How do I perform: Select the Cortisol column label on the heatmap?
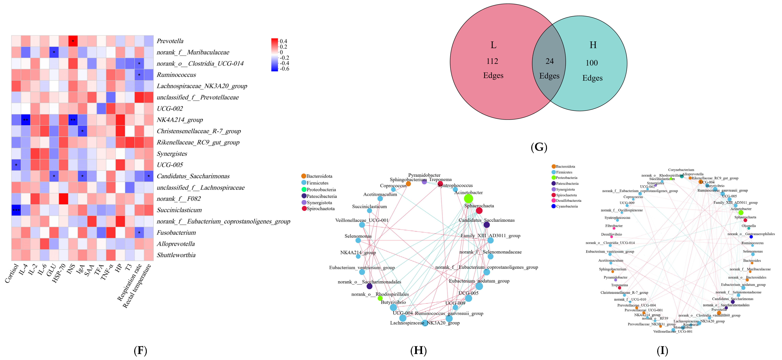click(12, 273)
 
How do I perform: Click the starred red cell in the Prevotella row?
click(73, 41)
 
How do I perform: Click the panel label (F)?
click(140, 351)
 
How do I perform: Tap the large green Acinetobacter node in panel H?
click(468, 199)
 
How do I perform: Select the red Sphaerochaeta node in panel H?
click(479, 211)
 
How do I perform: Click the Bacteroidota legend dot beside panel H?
click(304, 176)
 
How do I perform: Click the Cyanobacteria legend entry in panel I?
click(566, 206)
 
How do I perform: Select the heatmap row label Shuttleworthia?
click(176, 255)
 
